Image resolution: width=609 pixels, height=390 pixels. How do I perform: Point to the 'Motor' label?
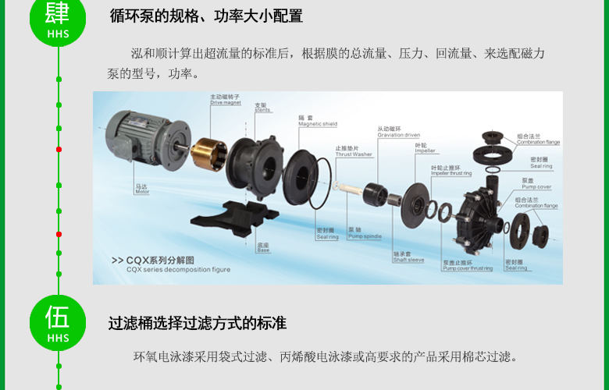point(141,190)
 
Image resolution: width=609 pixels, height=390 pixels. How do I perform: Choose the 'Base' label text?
point(263,249)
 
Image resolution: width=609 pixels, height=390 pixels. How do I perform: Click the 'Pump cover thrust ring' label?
point(467,267)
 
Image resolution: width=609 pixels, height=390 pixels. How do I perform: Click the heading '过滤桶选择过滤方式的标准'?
point(198,323)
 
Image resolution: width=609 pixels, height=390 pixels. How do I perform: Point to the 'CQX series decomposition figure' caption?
point(178,268)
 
